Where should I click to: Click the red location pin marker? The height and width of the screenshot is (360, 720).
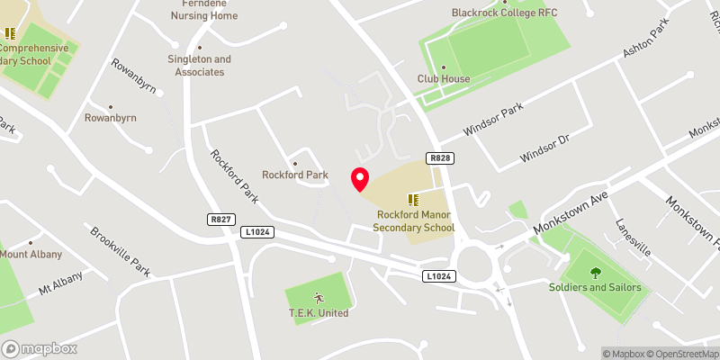tap(360, 178)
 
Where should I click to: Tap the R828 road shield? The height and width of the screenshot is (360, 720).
tap(440, 158)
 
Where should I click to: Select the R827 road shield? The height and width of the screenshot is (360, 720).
tap(219, 219)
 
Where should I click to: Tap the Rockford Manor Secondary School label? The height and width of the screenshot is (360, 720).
tap(416, 221)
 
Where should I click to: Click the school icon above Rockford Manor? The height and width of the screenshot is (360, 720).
tap(414, 200)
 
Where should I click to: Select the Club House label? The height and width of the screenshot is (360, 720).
tap(444, 79)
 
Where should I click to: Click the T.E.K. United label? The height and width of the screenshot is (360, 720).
tap(319, 313)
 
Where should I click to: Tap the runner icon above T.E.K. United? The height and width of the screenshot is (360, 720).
tap(318, 297)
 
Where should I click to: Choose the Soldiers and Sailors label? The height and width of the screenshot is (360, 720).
tap(595, 287)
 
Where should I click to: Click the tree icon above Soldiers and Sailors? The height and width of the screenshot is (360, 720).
tap(594, 272)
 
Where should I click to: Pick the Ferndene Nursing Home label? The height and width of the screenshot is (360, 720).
tap(205, 10)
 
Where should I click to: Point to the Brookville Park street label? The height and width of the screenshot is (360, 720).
tap(120, 249)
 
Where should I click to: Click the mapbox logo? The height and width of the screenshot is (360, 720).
tap(39, 348)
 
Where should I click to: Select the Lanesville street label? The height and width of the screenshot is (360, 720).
tap(633, 238)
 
